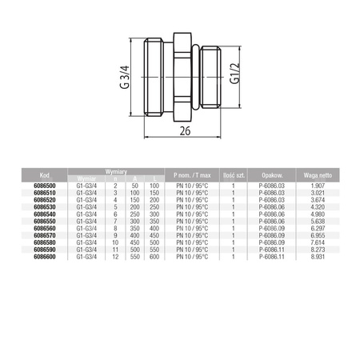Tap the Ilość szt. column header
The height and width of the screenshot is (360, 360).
[x=232, y=173]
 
